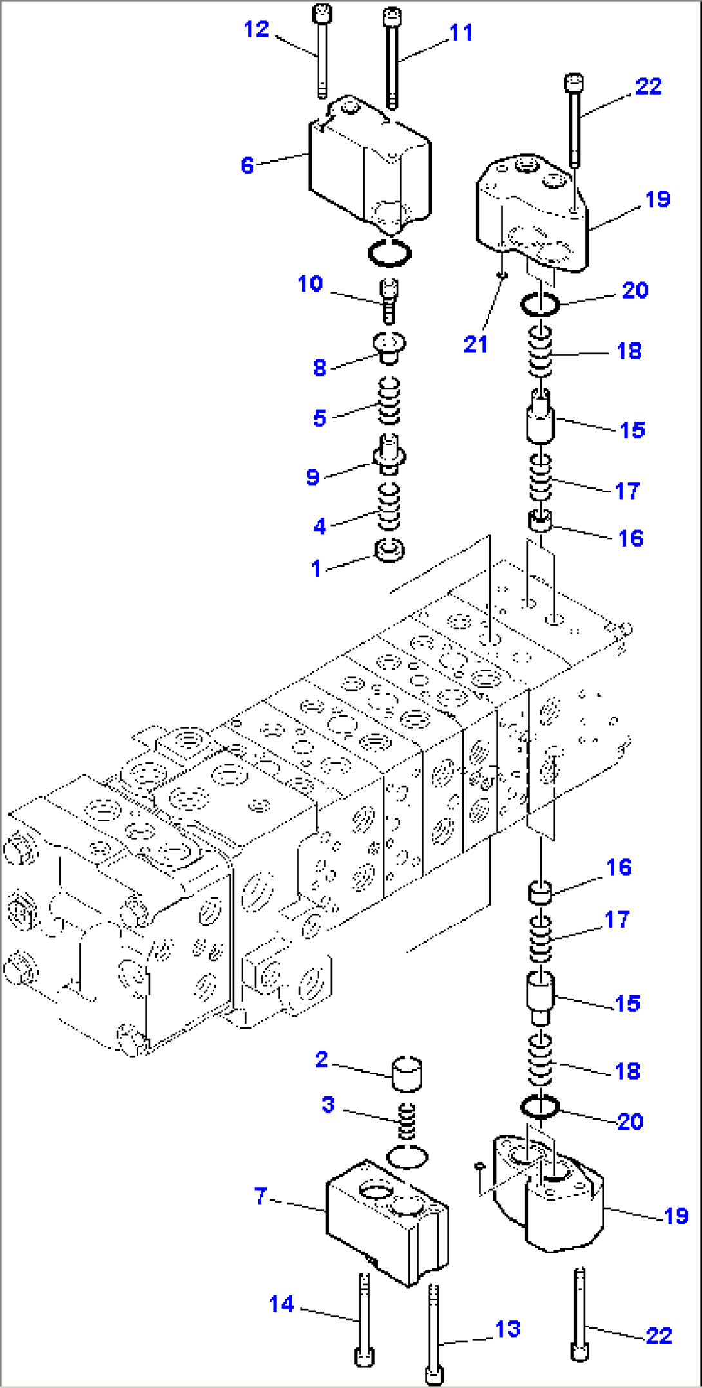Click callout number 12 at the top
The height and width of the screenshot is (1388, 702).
(x=256, y=30)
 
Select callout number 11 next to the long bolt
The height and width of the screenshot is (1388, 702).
(x=461, y=33)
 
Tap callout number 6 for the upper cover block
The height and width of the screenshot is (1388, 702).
(x=247, y=165)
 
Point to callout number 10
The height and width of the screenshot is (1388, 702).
(x=310, y=284)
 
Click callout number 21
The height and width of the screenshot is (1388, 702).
(x=475, y=344)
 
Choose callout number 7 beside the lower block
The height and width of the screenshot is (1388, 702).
(x=260, y=1196)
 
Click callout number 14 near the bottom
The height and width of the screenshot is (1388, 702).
(x=281, y=1304)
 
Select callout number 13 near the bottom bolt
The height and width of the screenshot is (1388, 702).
(x=508, y=1329)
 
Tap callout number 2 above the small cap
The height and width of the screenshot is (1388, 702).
(x=321, y=1059)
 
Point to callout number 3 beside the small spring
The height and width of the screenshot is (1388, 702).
(x=328, y=1105)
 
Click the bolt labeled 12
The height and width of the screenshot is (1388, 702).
(x=321, y=52)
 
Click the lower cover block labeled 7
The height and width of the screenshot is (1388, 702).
(x=386, y=1223)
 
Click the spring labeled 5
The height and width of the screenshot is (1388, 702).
(x=388, y=402)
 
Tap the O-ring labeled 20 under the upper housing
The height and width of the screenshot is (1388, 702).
(x=540, y=304)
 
